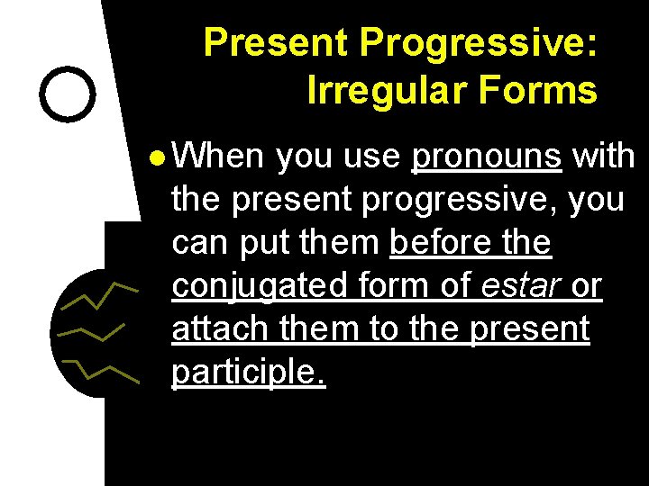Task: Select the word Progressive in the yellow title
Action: pyautogui.click(x=479, y=42)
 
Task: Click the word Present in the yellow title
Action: pyautogui.click(x=277, y=42)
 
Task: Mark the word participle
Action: pyautogui.click(x=248, y=372)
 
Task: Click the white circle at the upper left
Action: pyautogui.click(x=69, y=94)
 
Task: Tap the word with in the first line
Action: pyautogui.click(x=604, y=157)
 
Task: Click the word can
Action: pyautogui.click(x=200, y=244)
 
